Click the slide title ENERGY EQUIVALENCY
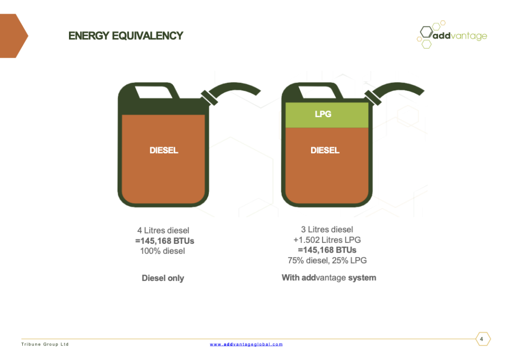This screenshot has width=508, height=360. (126, 36)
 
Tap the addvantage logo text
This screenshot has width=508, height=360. (460, 36)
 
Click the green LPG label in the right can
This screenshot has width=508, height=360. (323, 114)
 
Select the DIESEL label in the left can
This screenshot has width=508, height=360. (164, 150)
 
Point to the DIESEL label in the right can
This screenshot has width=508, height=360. (325, 150)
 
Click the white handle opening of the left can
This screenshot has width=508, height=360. (154, 92)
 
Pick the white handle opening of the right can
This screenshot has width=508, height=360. (317, 92)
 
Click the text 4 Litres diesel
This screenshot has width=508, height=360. (163, 230)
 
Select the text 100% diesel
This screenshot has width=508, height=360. (163, 251)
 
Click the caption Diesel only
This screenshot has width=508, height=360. (163, 278)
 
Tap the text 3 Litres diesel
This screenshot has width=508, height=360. (327, 229)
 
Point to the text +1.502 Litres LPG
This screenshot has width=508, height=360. (327, 240)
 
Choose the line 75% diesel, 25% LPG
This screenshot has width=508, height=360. (327, 260)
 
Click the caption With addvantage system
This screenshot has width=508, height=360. (329, 278)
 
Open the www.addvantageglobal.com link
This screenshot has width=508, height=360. (246, 345)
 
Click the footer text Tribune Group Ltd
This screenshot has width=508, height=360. (45, 345)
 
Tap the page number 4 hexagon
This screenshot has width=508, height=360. (483, 339)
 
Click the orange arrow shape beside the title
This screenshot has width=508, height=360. (13, 36)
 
